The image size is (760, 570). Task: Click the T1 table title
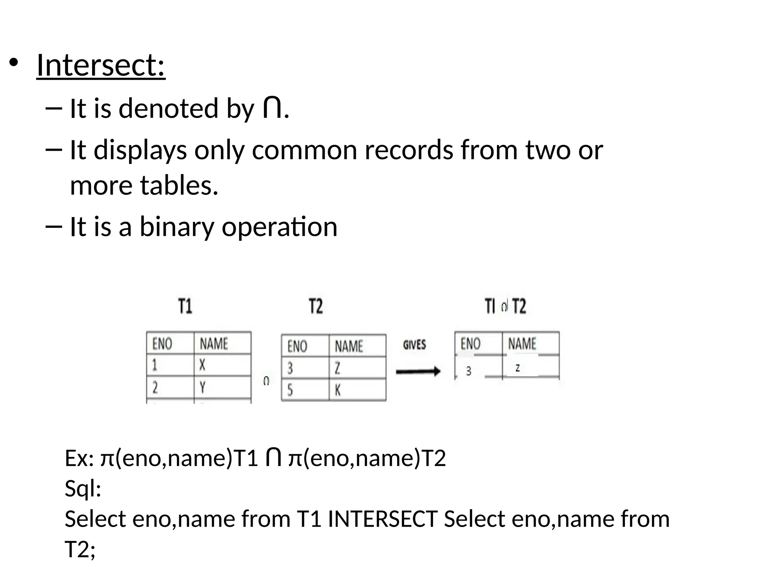click(185, 307)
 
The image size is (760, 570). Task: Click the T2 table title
click(316, 307)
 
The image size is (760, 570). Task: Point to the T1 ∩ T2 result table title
click(505, 307)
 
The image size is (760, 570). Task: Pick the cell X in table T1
click(202, 366)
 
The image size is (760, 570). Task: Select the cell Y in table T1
click(202, 388)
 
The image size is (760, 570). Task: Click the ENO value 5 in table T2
click(290, 390)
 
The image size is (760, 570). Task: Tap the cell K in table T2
click(338, 390)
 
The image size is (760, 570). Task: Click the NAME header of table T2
click(348, 346)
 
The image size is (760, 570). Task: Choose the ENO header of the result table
click(470, 343)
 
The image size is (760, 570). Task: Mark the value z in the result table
click(517, 368)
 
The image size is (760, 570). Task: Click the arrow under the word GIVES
click(418, 371)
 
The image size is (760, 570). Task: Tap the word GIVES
click(414, 345)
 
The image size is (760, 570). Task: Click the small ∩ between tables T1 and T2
click(266, 381)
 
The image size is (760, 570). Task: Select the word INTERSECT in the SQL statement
click(383, 518)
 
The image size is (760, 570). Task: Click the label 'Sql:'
click(83, 488)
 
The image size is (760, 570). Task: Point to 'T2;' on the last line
click(80, 549)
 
